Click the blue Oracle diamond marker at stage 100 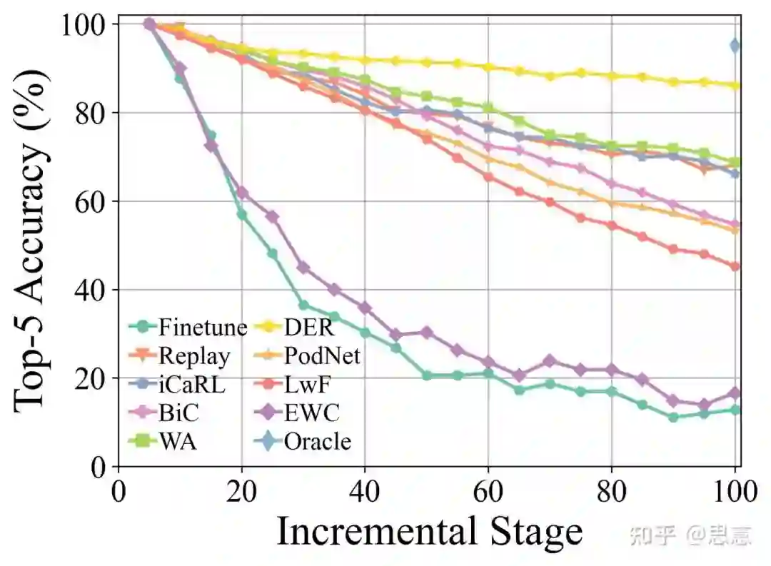pos(735,46)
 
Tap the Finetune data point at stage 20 pos(242,215)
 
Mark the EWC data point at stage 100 pos(735,393)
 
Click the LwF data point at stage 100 pos(735,266)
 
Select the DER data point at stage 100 pos(735,86)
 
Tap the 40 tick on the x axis pos(366,492)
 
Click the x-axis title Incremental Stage pos(429,532)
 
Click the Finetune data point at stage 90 pos(673,417)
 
